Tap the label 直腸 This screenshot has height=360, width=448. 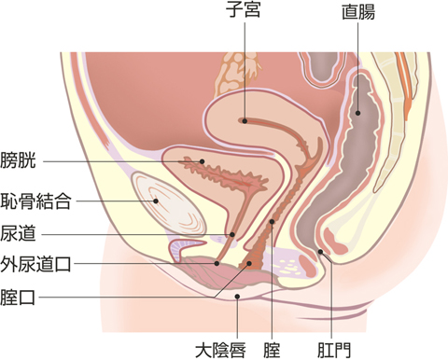tap(359, 13)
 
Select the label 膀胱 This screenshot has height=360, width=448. tap(19, 160)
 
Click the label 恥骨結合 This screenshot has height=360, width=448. tap(35, 199)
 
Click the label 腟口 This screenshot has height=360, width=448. tap(19, 298)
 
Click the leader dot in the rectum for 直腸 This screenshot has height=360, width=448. tap(359, 114)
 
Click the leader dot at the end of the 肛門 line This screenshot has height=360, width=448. tap(320, 251)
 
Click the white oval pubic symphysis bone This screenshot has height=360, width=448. tap(168, 205)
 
